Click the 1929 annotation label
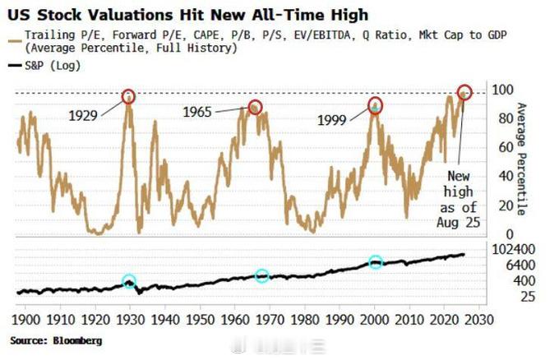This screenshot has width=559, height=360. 83,116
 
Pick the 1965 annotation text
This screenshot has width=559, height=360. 197,112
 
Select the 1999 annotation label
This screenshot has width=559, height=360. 331,120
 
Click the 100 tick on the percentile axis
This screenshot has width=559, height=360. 502,90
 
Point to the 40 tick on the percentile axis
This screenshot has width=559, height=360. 506,176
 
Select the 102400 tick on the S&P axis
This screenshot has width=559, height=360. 513,249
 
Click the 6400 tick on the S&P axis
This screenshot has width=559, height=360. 520,265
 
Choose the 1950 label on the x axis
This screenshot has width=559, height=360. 200,320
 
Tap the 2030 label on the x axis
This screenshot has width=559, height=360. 479,320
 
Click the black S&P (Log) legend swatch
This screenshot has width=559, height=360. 15,65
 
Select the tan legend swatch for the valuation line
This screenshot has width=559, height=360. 15,41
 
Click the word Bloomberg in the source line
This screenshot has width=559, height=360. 77,341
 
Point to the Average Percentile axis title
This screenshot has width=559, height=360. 521,159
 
